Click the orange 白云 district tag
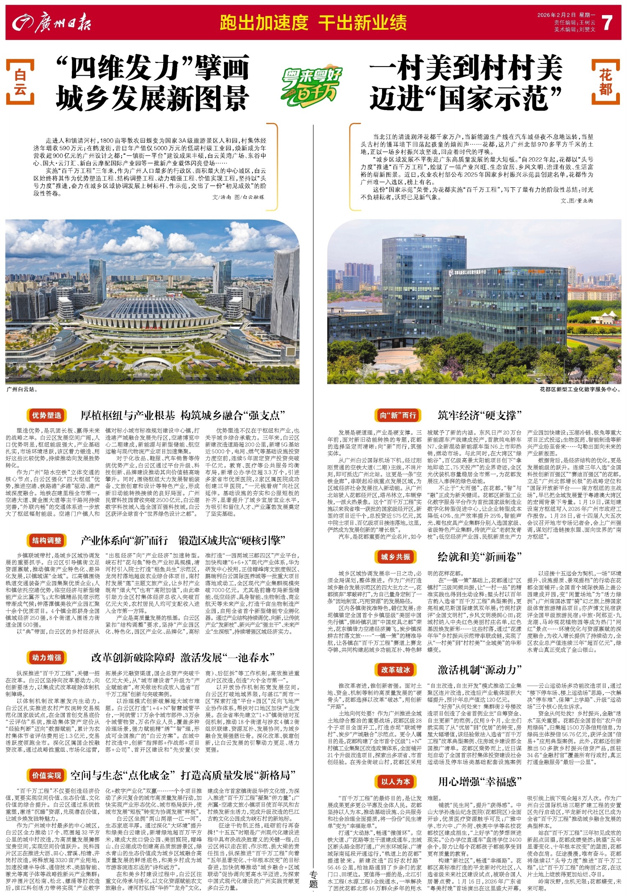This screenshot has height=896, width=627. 20,82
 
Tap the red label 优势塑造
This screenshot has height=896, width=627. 47,415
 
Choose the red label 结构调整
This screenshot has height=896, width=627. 47,541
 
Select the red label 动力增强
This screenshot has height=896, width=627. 47,658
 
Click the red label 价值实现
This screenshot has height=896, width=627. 47,776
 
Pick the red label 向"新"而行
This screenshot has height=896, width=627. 398,415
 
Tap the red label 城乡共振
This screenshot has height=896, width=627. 395,557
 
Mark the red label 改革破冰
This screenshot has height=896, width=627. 395,670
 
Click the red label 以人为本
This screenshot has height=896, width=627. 395,782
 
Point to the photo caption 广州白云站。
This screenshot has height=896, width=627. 22,390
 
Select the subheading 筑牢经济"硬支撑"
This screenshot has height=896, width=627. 480,415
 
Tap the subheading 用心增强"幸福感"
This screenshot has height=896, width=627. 480,782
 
